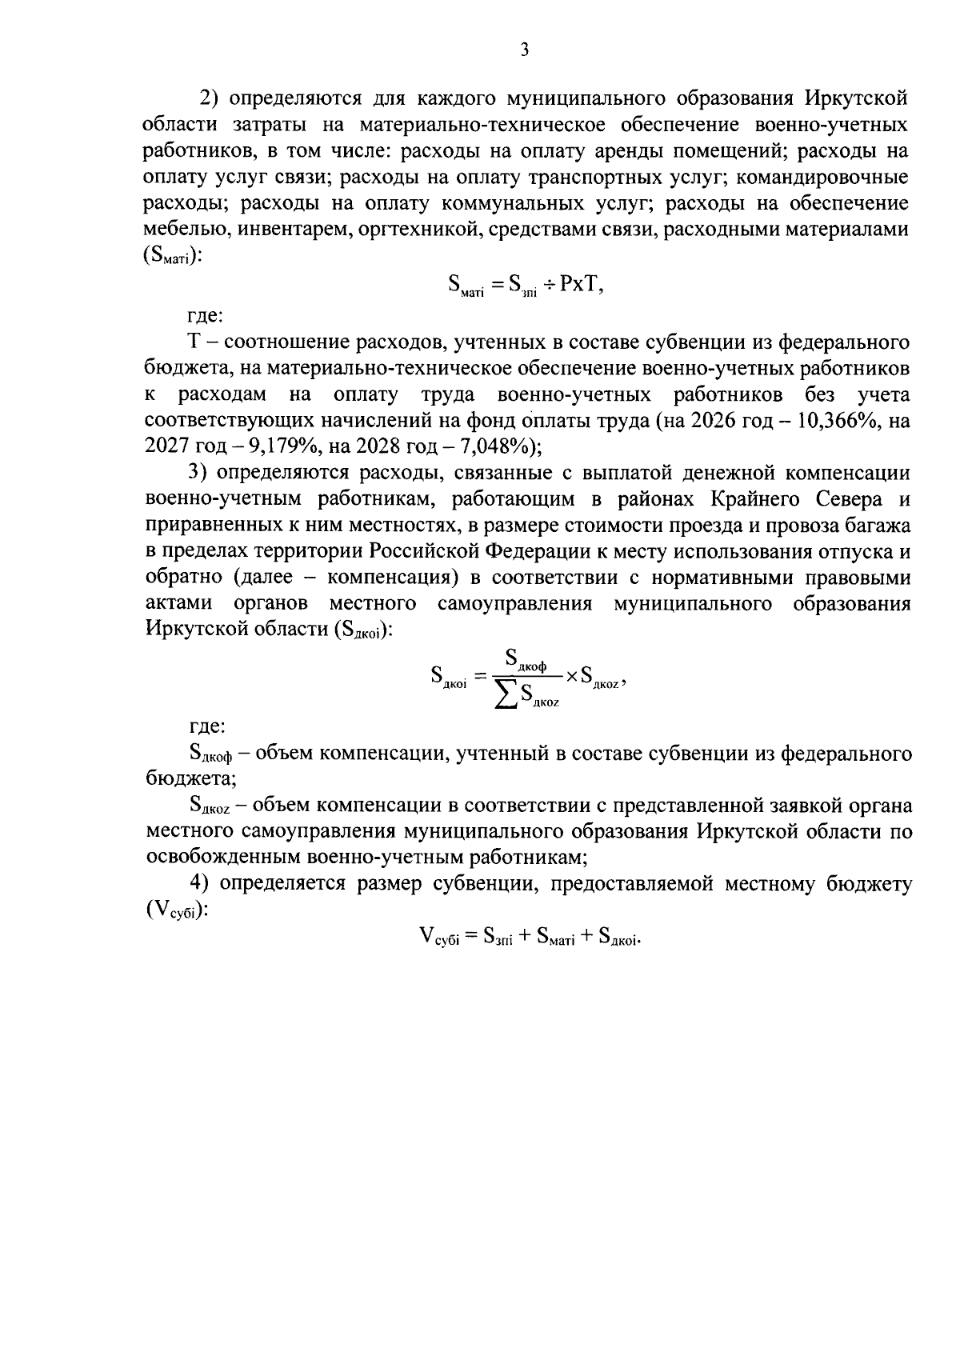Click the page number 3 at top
[525, 50]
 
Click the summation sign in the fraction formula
[506, 694]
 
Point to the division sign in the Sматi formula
[550, 286]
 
